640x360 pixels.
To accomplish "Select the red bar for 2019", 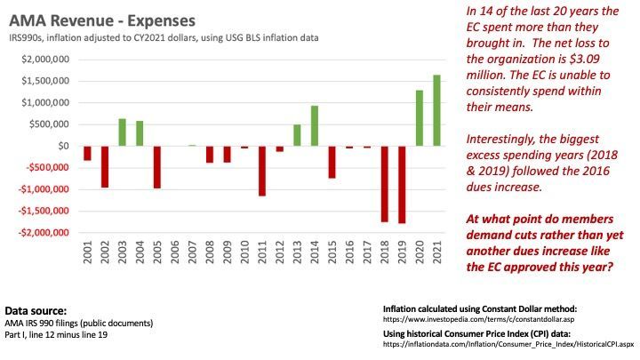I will point(402,185).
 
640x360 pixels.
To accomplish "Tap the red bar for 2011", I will point(262,171).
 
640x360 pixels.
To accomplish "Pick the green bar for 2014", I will point(314,125).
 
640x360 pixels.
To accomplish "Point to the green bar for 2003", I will point(122,132).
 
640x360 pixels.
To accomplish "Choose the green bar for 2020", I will point(420,117).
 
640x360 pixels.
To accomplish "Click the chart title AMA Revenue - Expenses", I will point(105,19).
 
